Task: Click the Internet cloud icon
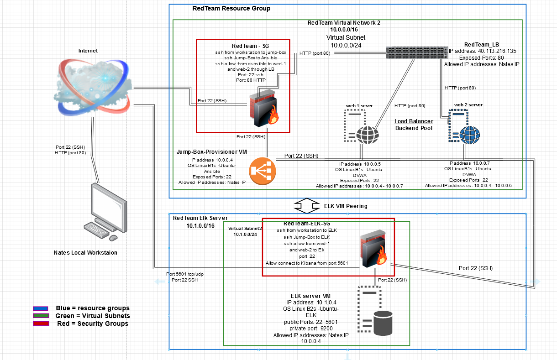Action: tap(93, 87)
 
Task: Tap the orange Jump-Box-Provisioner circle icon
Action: tap(263, 171)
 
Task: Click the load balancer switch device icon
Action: tap(416, 52)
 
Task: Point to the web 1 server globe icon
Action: tap(367, 135)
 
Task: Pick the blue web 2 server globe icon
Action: tap(469, 135)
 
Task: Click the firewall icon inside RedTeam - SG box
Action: tap(264, 108)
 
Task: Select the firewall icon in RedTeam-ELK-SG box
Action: tap(373, 249)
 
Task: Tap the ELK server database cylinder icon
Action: tap(383, 323)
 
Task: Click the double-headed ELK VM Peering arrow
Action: tap(307, 206)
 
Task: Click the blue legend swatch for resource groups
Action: tap(41, 308)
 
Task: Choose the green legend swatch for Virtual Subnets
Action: tap(41, 316)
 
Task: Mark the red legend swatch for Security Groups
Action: tap(41, 323)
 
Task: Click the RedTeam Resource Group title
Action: tap(231, 8)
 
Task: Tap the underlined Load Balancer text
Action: tap(414, 121)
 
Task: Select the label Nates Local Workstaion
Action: tap(85, 253)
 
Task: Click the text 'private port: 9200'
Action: tap(311, 329)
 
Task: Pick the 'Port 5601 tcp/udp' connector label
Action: tap(185, 274)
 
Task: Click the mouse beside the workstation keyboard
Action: tap(113, 238)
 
